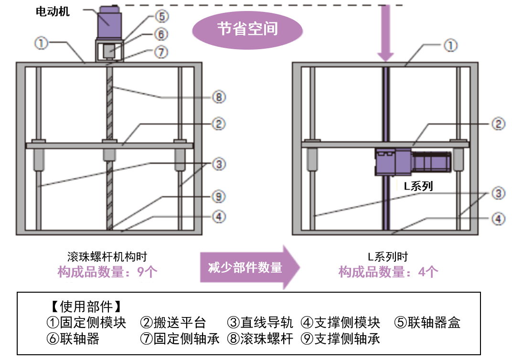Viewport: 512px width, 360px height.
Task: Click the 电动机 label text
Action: pyautogui.click(x=53, y=12)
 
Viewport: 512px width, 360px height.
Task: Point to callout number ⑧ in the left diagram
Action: pyautogui.click(x=218, y=97)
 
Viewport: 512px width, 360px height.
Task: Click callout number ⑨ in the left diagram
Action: pyautogui.click(x=218, y=196)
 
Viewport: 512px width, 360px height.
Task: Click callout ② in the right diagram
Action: pyautogui.click(x=498, y=124)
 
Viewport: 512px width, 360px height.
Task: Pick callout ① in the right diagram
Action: pyautogui.click(x=450, y=45)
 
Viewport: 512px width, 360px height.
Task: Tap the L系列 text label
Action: pyautogui.click(x=418, y=186)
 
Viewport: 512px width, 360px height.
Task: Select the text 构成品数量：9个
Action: pyautogui.click(x=107, y=272)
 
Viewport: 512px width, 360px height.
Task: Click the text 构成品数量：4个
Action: pyautogui.click(x=388, y=272)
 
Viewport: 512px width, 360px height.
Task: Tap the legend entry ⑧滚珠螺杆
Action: pyautogui.click(x=260, y=339)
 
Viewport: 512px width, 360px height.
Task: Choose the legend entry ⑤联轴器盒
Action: pyautogui.click(x=428, y=322)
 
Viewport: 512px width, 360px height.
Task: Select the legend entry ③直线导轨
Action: pyautogui.click(x=260, y=322)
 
